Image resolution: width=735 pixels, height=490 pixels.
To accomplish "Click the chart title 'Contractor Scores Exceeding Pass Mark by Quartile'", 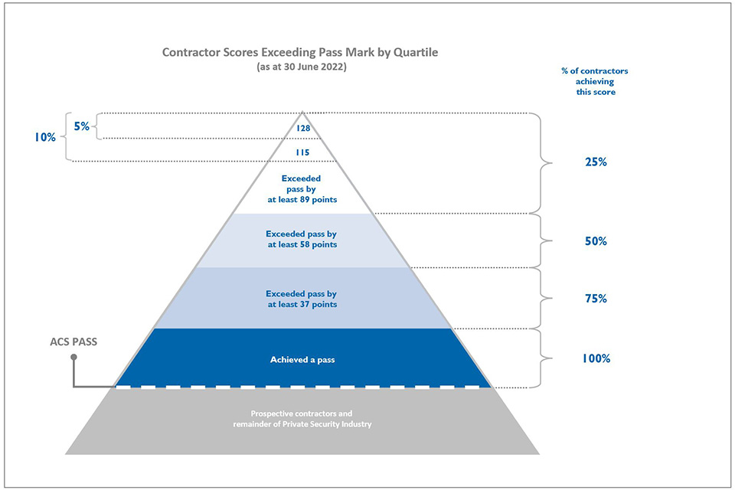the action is (x=300, y=52).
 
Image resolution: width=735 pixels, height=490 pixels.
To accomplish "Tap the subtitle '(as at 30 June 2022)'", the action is (x=302, y=67).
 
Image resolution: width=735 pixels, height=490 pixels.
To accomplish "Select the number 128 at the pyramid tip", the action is (x=303, y=128).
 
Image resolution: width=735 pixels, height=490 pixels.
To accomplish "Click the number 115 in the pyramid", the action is (x=303, y=152).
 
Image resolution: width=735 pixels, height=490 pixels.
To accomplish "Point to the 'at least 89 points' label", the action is (x=302, y=199).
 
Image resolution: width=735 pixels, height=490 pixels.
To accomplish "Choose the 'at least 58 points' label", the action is (x=302, y=244).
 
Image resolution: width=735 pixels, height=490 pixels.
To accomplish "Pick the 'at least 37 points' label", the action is (x=302, y=304).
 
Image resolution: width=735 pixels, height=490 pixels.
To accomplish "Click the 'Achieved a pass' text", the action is (x=302, y=360).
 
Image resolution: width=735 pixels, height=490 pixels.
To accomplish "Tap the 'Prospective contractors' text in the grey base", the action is (x=301, y=413).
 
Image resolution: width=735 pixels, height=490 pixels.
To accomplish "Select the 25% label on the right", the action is (x=596, y=162).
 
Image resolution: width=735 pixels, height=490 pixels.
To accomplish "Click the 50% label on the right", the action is (x=596, y=241).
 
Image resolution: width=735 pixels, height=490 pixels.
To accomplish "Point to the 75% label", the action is (x=596, y=299).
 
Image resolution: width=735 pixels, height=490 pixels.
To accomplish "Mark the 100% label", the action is (x=596, y=359).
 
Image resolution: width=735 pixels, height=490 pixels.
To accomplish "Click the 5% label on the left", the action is (x=82, y=126).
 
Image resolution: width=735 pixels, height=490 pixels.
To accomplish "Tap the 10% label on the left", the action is (x=45, y=137).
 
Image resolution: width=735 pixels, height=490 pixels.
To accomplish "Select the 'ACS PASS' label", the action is (x=73, y=341).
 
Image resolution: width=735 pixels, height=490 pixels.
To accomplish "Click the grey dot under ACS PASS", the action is (x=73, y=358).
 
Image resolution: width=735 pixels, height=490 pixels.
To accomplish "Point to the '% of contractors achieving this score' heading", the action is (x=596, y=81).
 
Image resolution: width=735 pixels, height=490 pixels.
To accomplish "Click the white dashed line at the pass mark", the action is (x=302, y=387).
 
